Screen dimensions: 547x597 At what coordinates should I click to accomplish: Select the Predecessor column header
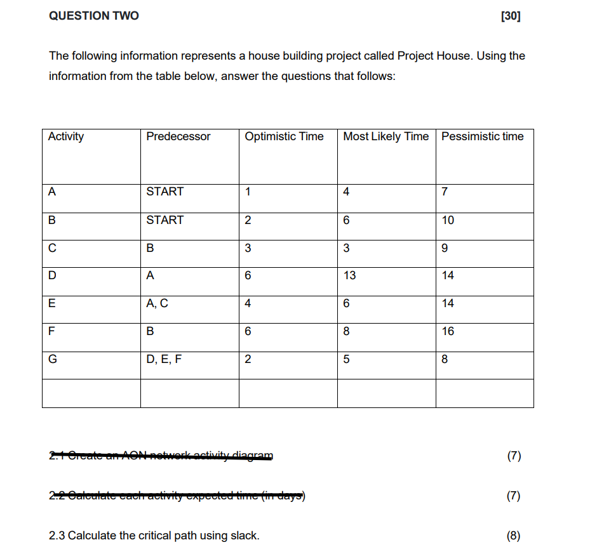[178, 136]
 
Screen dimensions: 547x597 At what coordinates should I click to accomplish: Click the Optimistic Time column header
[284, 136]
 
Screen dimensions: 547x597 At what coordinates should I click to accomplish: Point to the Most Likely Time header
[386, 136]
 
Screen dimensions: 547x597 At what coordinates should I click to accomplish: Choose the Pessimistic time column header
[482, 136]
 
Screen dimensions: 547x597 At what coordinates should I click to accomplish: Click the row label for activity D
[52, 275]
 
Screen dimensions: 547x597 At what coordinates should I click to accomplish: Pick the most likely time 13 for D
[350, 275]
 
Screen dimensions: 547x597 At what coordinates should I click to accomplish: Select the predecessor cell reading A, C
[157, 303]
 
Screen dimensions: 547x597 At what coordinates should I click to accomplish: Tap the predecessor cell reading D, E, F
[164, 359]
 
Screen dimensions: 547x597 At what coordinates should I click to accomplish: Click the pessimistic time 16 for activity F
[448, 331]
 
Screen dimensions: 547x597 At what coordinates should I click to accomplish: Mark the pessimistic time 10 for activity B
[448, 220]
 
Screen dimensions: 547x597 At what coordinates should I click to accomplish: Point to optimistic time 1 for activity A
[248, 192]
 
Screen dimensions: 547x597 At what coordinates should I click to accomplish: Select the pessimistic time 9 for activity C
[445, 248]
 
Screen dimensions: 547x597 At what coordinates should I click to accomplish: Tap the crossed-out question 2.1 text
[161, 456]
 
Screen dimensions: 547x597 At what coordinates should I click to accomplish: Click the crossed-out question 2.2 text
[178, 496]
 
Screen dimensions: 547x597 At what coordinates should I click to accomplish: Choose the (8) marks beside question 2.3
[514, 536]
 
